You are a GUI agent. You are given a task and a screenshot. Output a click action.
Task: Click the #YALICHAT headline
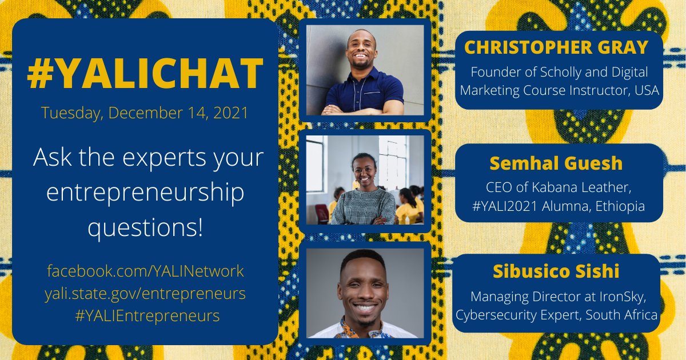click(x=145, y=75)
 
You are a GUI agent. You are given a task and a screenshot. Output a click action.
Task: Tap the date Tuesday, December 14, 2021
click(x=145, y=113)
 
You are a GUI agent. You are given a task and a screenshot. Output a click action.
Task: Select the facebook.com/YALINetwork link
click(x=145, y=270)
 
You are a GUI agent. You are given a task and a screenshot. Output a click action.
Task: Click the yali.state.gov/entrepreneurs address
click(x=145, y=294)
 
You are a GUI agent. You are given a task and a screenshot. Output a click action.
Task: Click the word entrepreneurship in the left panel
click(x=145, y=193)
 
